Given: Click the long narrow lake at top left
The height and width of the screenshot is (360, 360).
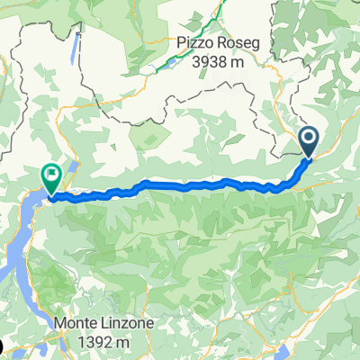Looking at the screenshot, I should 73,52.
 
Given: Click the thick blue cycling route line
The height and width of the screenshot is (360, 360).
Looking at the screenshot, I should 180,186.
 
